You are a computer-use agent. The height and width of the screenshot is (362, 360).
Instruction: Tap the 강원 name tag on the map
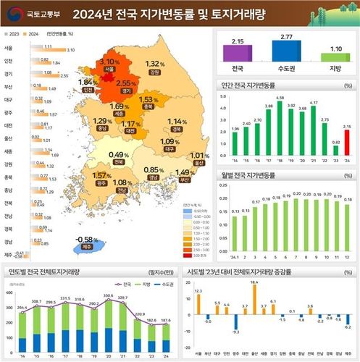[x=153, y=73]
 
